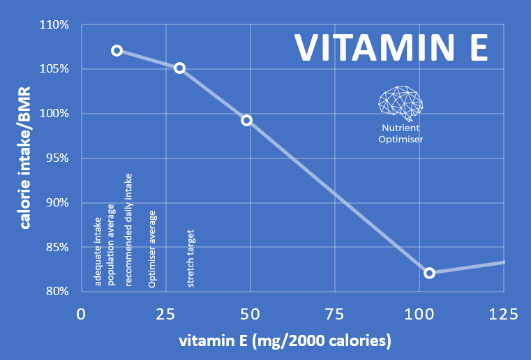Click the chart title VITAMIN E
(x=389, y=47)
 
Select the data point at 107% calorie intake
(x=117, y=50)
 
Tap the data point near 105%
(x=179, y=68)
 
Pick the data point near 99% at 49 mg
(x=246, y=120)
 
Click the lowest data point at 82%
(x=429, y=273)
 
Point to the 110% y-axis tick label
(x=54, y=25)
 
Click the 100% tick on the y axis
(x=54, y=114)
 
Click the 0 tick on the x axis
(x=82, y=314)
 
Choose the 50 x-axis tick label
(x=250, y=314)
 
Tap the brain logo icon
(x=400, y=102)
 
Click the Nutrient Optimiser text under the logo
(x=401, y=134)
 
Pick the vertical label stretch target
(x=191, y=258)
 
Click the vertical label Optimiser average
(x=152, y=248)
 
